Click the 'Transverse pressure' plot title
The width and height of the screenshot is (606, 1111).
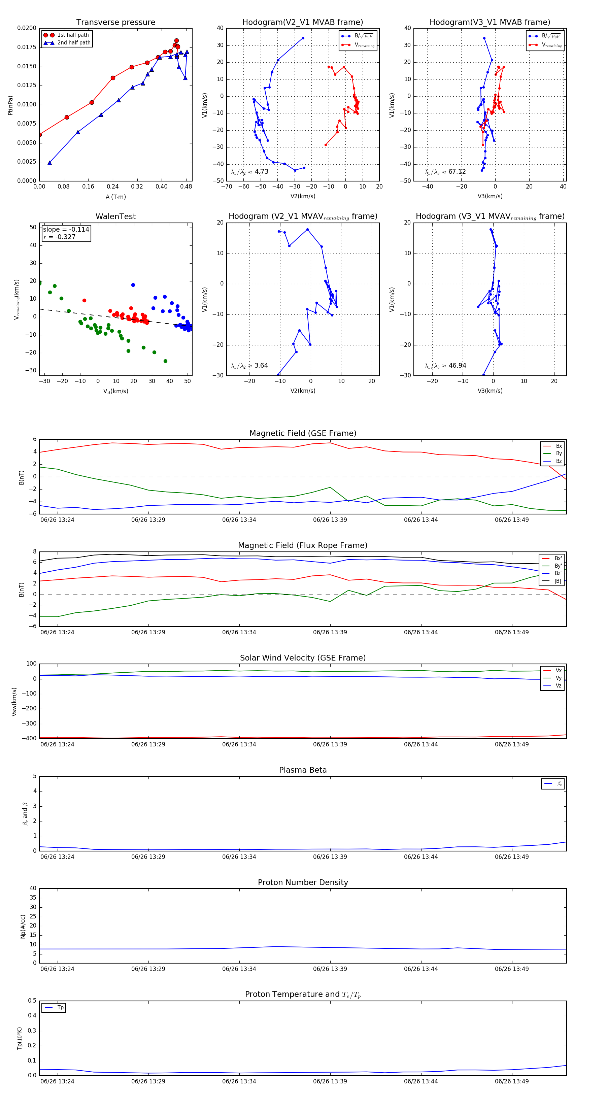pos(115,23)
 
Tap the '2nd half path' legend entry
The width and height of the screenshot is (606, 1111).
pos(74,43)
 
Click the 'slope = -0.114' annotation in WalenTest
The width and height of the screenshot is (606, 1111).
pos(66,230)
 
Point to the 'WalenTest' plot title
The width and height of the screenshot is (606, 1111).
pos(115,216)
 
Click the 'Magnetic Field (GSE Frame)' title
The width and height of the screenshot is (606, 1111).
pos(303,433)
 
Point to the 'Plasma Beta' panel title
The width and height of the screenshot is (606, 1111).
pos(303,770)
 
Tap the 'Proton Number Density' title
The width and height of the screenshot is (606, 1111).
pos(303,882)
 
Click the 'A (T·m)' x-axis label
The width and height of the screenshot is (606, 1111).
pos(115,197)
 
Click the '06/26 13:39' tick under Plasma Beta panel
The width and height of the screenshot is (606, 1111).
pos(330,857)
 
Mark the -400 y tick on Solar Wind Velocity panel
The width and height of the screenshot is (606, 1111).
pos(31,738)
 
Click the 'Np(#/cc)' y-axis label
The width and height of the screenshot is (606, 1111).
pos(23,927)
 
